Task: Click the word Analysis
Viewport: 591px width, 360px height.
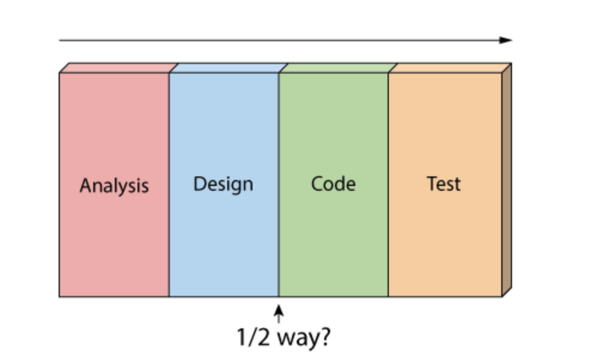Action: (x=114, y=185)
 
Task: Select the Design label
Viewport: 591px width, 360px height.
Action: (x=223, y=184)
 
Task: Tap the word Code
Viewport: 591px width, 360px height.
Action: (x=333, y=184)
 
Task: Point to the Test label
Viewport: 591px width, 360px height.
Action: (x=444, y=184)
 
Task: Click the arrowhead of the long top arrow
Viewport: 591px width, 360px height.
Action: (x=507, y=40)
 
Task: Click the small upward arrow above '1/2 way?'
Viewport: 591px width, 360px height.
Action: (x=279, y=313)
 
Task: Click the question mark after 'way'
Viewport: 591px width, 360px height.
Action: (x=324, y=337)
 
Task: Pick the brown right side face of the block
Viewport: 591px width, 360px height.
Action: (x=507, y=179)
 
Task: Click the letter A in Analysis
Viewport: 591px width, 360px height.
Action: (x=86, y=185)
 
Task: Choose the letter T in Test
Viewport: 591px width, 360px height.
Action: (x=431, y=183)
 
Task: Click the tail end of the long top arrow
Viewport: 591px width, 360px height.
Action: (x=60, y=40)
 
